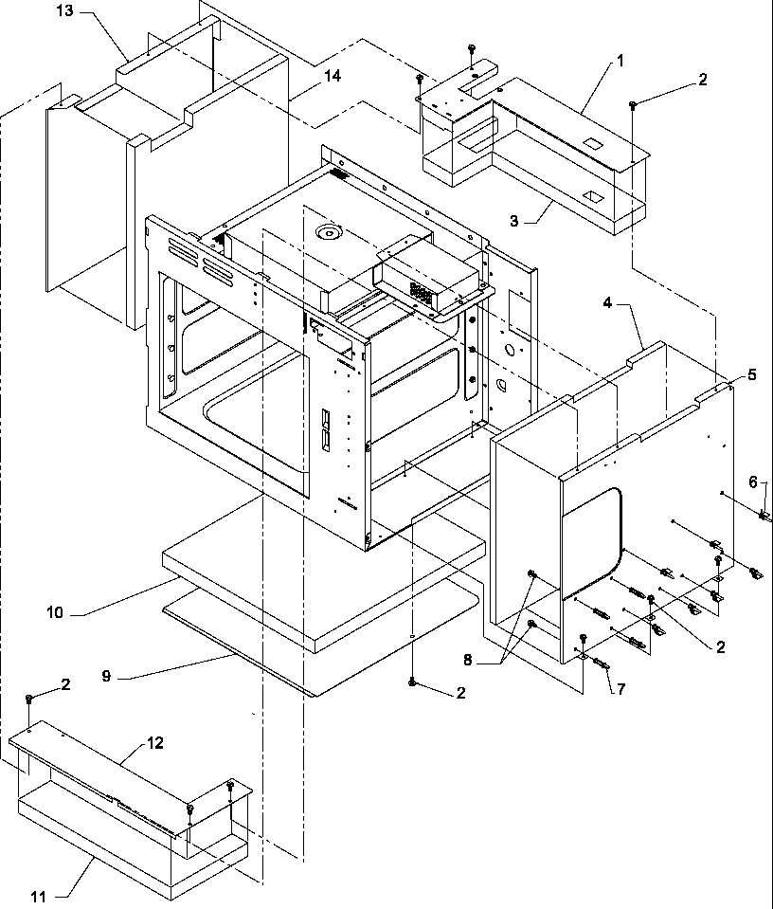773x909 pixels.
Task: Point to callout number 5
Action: pos(751,374)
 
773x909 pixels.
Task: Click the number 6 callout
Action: pos(752,482)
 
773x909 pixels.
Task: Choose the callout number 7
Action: pos(620,689)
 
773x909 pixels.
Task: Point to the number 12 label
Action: pos(155,743)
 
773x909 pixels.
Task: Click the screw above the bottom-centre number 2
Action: pos(413,681)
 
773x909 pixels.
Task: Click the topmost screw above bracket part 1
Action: pos(471,49)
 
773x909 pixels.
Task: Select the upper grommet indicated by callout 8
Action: pos(531,602)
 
